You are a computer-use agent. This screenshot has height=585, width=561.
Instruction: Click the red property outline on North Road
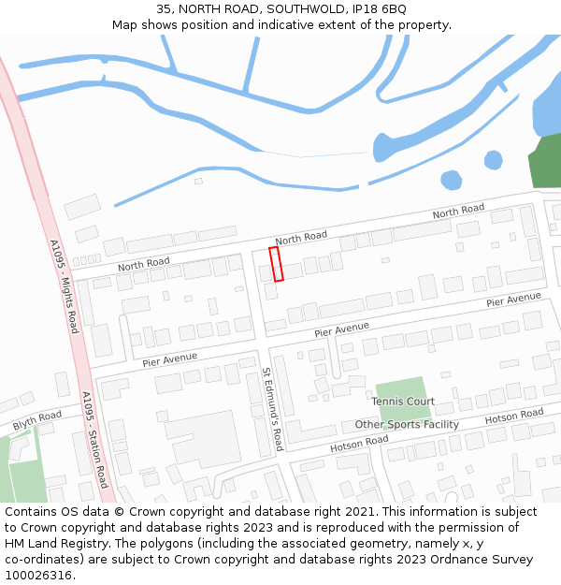(x=276, y=264)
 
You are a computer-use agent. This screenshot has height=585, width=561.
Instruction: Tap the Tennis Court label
(x=403, y=402)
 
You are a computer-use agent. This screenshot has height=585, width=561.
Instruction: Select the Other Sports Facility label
(x=407, y=425)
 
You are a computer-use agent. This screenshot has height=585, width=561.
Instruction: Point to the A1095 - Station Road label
(x=94, y=440)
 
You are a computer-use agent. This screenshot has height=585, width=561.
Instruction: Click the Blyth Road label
(x=37, y=421)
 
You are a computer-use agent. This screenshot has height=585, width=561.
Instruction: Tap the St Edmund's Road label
(x=272, y=409)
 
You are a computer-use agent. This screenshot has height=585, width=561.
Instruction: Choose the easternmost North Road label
(x=458, y=212)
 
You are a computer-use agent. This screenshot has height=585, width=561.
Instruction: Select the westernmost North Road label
(x=143, y=265)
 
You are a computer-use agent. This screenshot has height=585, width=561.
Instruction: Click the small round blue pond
(x=452, y=180)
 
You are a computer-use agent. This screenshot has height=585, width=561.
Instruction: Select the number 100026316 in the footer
(x=37, y=575)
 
